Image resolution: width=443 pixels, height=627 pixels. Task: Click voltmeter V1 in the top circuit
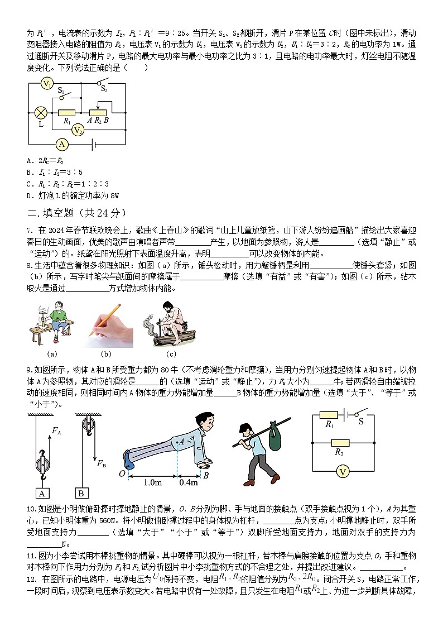click(x=48, y=84)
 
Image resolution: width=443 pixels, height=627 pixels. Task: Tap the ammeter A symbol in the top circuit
click(x=62, y=144)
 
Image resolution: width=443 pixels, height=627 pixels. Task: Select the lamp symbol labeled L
click(x=40, y=113)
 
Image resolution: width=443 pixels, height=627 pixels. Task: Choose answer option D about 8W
click(x=73, y=195)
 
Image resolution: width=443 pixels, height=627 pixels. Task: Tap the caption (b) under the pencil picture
click(x=106, y=353)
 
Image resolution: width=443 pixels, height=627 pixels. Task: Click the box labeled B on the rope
click(x=81, y=493)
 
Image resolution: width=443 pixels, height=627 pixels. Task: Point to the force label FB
click(x=101, y=463)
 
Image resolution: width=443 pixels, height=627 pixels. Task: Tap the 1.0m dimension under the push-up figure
click(x=153, y=482)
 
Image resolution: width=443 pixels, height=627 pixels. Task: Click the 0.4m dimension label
click(x=189, y=482)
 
